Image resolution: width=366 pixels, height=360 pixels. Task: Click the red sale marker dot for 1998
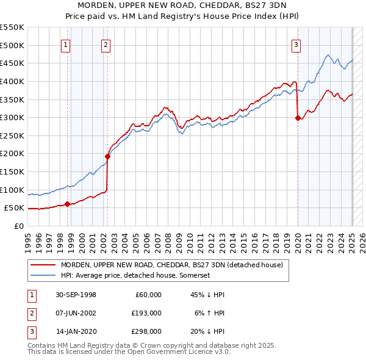coord(67,204)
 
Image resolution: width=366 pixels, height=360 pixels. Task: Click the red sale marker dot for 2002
coord(107,156)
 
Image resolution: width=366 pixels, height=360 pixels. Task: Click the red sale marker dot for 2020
coord(298,118)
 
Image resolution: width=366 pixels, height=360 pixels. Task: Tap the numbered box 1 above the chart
coord(65,44)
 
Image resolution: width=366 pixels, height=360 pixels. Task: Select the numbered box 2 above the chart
coord(106,44)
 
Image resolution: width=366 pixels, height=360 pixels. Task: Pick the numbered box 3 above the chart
coord(296,44)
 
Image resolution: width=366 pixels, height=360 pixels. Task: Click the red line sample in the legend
coord(43,265)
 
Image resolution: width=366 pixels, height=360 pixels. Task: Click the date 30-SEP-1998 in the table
coord(76,295)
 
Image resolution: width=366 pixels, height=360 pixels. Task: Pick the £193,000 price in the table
coord(147,312)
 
